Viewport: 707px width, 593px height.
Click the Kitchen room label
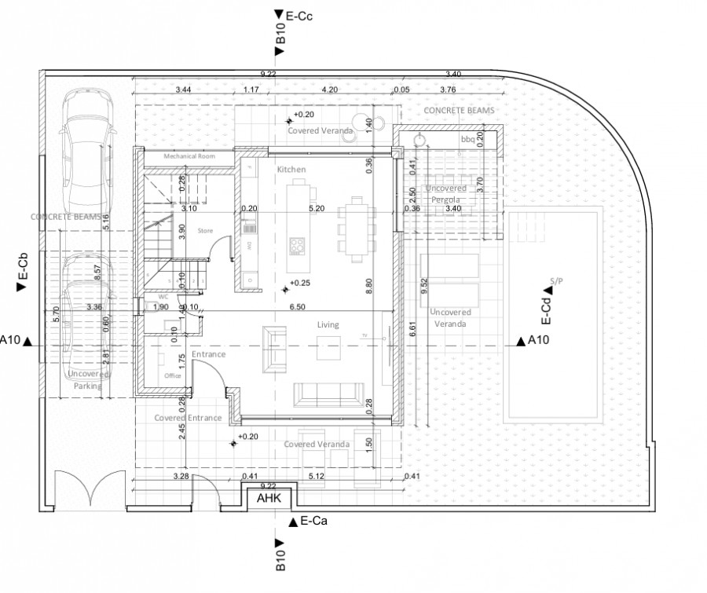pyautogui.click(x=291, y=170)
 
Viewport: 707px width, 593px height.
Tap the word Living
pyautogui.click(x=328, y=324)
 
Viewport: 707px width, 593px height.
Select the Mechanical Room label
pyautogui.click(x=189, y=157)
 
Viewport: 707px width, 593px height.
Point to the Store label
pyautogui.click(x=206, y=231)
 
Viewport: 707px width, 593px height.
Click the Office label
pyautogui.click(x=173, y=376)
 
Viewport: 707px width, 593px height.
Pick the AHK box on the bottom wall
pyautogui.click(x=269, y=497)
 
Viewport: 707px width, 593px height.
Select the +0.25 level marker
pyautogui.click(x=299, y=283)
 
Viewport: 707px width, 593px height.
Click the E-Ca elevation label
pyautogui.click(x=313, y=521)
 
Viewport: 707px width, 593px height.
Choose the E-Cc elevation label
pyautogui.click(x=299, y=14)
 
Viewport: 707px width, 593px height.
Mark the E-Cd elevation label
pyautogui.click(x=544, y=310)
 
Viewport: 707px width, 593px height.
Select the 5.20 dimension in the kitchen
pyautogui.click(x=317, y=209)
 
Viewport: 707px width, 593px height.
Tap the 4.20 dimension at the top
pyautogui.click(x=330, y=90)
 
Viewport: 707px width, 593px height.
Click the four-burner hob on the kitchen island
pyautogui.click(x=298, y=246)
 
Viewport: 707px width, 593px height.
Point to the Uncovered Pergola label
pyautogui.click(x=446, y=194)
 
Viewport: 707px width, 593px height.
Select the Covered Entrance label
pyautogui.click(x=188, y=418)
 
